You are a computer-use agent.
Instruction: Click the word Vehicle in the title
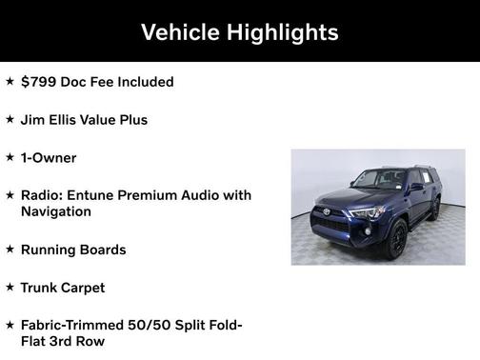[180, 31]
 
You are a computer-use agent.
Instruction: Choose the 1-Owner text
[49, 158]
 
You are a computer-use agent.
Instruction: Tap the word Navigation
[56, 211]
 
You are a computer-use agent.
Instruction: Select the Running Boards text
[73, 250]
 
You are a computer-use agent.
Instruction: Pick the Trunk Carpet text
[63, 288]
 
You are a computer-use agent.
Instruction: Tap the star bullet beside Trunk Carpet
[10, 287]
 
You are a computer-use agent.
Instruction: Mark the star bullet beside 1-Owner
[10, 157]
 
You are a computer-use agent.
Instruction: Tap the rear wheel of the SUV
[434, 210]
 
